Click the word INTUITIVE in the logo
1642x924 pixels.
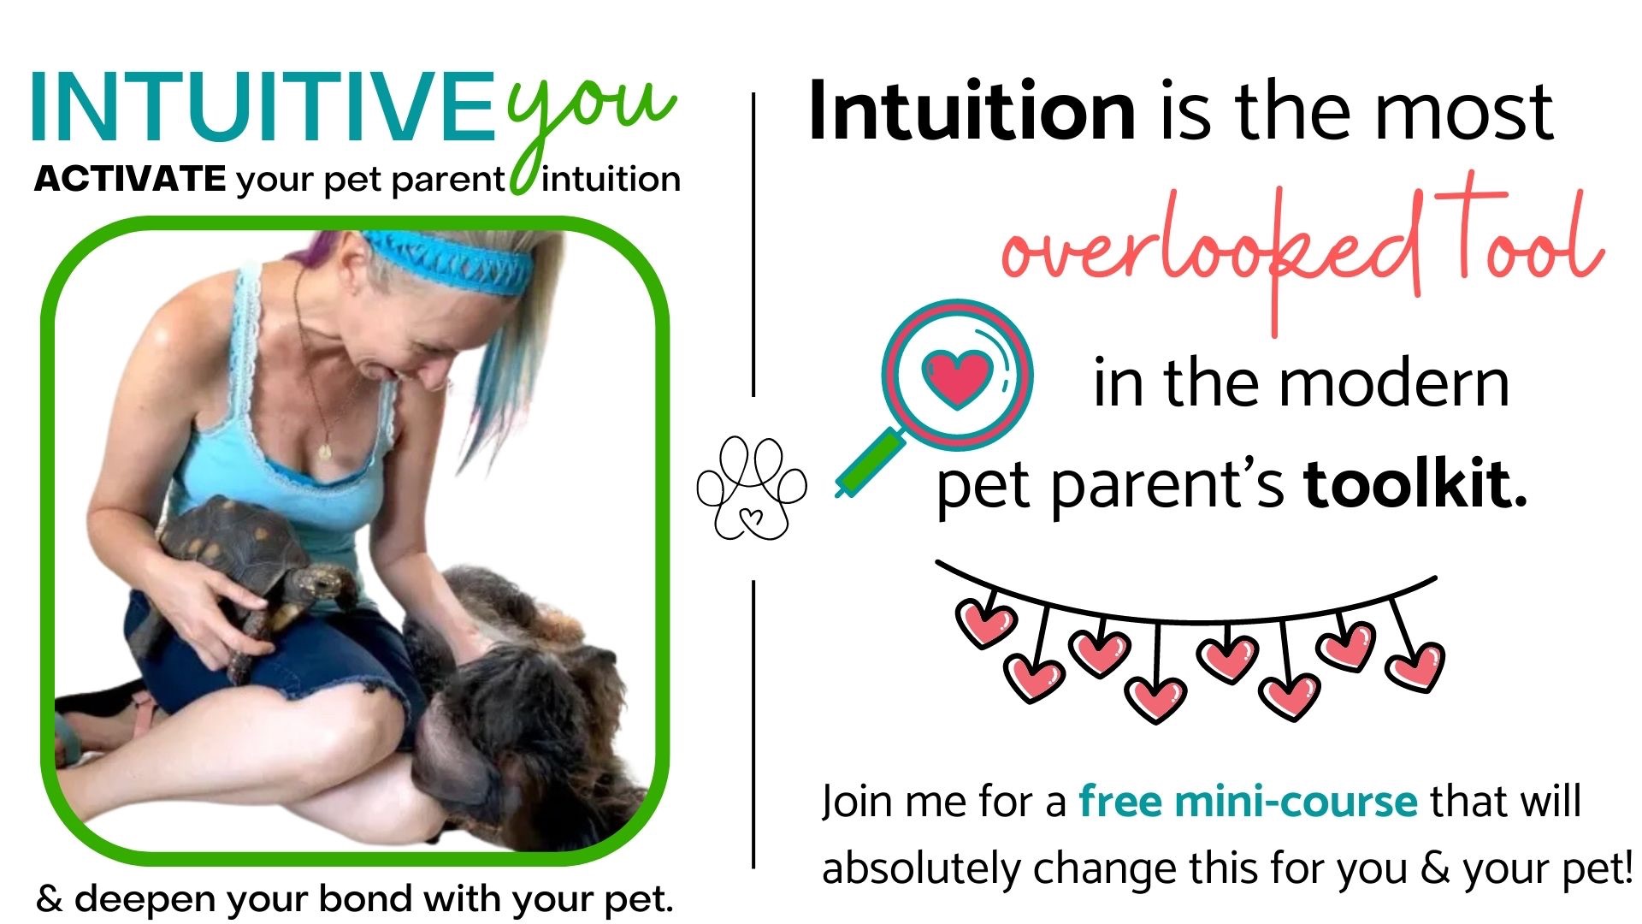(263, 108)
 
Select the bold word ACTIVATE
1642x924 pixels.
(130, 179)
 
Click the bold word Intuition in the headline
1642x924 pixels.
(972, 110)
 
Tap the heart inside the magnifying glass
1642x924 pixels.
(957, 376)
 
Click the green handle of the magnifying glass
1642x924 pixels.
(869, 463)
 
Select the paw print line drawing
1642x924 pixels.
(752, 489)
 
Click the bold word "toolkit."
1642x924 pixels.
(1415, 484)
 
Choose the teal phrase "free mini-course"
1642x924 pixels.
(1248, 802)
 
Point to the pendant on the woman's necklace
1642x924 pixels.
(325, 450)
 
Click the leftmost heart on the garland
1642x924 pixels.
(986, 622)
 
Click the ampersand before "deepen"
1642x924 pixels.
(50, 899)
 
